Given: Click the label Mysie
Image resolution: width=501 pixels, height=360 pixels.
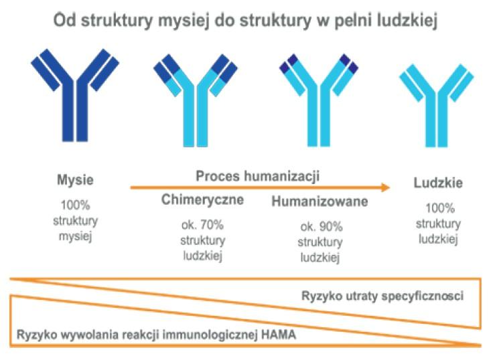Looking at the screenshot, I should click(75, 180).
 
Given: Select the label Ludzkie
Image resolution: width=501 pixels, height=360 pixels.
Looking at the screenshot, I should click(438, 183).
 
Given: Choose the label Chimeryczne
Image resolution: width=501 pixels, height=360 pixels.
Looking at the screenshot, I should click(202, 200).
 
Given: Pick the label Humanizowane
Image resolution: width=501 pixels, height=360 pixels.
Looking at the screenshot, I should click(319, 202).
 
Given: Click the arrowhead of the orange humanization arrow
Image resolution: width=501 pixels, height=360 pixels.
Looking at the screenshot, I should click(384, 188).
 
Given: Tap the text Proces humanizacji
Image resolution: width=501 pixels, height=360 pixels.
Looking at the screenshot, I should click(257, 176).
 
